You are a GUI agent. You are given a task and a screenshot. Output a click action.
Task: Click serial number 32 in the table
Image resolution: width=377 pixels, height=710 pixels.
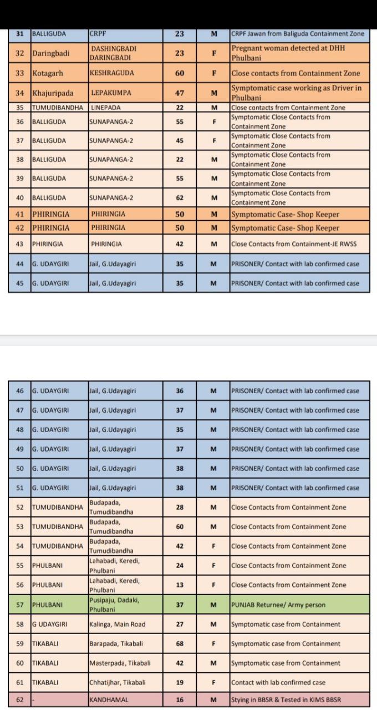point(20,53)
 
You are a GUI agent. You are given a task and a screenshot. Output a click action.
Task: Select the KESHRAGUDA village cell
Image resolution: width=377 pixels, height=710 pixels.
point(112,73)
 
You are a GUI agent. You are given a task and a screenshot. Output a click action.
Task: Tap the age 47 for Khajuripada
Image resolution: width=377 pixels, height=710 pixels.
point(179,93)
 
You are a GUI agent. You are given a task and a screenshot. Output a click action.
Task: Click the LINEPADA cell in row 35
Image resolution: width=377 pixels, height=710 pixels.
point(105,108)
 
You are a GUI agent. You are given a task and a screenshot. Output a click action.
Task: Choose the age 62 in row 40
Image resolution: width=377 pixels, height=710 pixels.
point(179,197)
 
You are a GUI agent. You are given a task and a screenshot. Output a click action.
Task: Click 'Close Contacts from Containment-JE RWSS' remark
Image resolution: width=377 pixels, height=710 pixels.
point(294,244)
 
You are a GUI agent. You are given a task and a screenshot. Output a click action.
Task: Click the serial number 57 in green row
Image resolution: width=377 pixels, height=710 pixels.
point(20,605)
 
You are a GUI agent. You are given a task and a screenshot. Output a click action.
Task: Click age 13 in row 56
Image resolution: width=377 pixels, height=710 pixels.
point(179,585)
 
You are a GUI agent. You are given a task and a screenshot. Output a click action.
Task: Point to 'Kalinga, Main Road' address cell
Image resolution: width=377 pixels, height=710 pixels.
point(118,624)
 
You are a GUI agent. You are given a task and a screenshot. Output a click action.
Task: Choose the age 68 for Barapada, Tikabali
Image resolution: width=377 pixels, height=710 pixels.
point(179,643)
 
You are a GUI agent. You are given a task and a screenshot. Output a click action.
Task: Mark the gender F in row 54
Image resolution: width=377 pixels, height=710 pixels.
point(213,546)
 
